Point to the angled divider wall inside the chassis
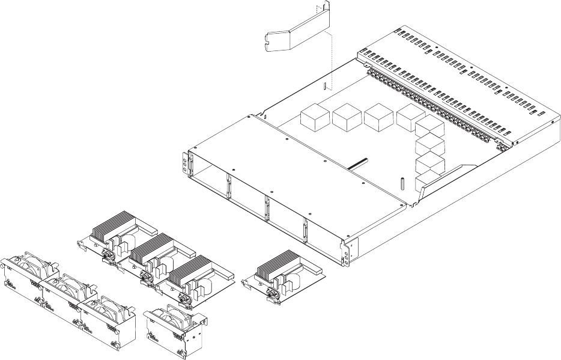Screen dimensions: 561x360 [x=450, y=179]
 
